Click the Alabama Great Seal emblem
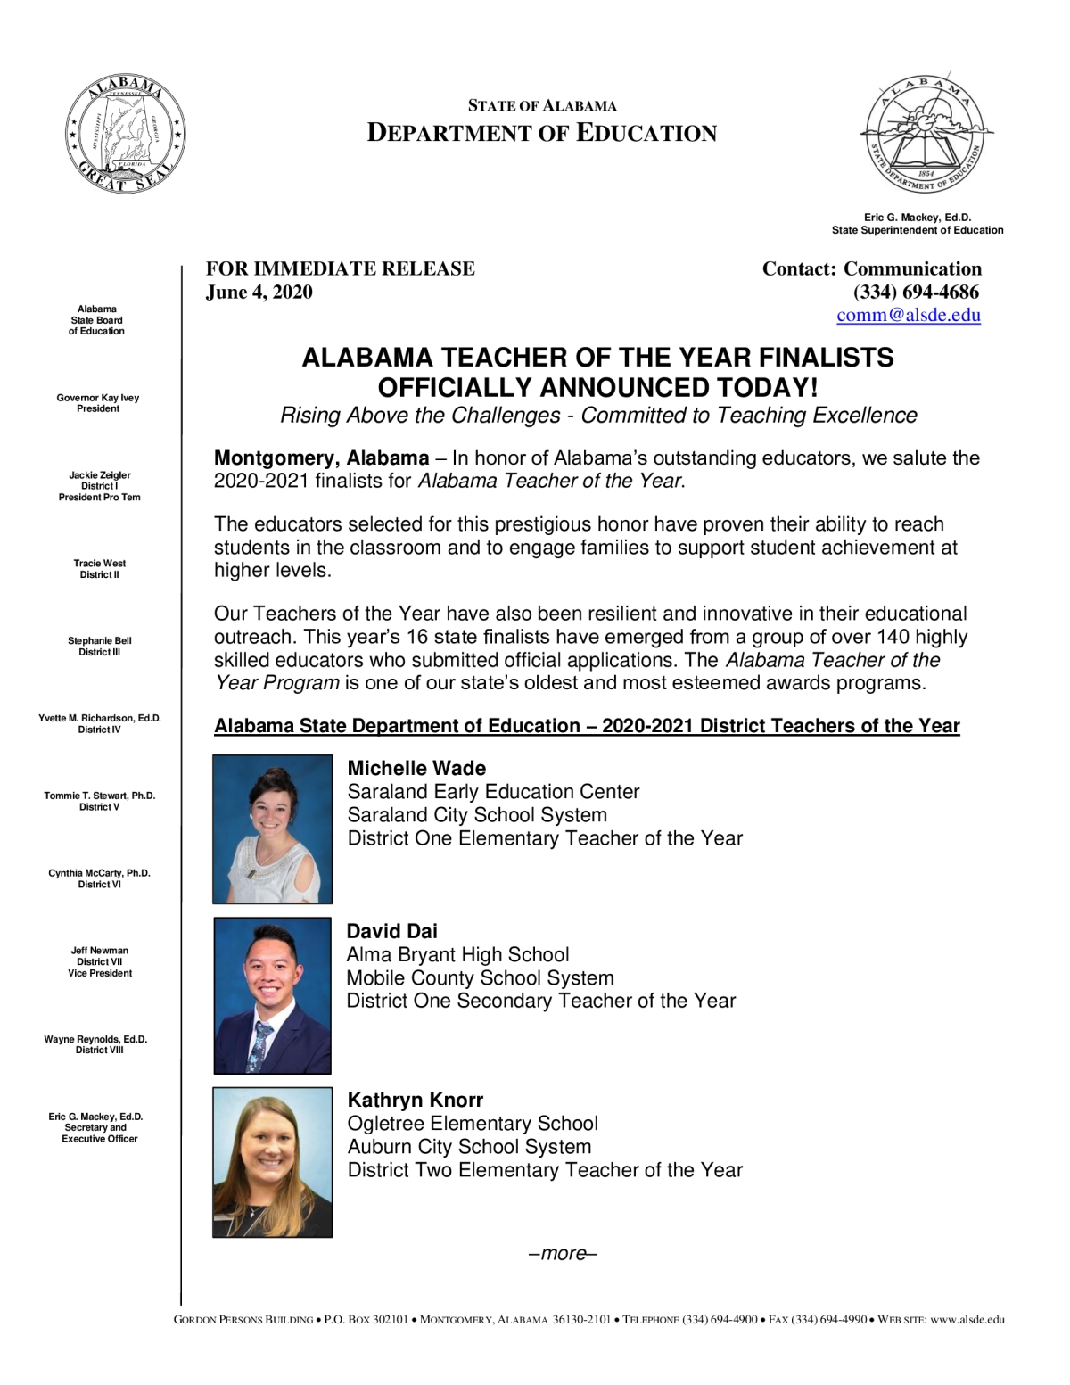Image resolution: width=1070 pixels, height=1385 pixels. click(125, 135)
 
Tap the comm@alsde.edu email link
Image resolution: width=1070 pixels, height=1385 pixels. click(908, 315)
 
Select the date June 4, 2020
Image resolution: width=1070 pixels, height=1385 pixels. click(259, 293)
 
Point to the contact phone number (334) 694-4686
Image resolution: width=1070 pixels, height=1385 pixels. click(916, 293)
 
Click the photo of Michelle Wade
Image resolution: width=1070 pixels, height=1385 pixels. click(273, 829)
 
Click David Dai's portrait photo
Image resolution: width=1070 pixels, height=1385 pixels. click(273, 995)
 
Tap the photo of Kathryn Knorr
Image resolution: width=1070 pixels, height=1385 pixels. click(273, 1162)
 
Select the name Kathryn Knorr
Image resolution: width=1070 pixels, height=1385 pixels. click(416, 1101)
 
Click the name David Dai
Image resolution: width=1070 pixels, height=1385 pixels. click(392, 932)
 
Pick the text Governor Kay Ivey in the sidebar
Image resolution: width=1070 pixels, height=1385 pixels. click(98, 398)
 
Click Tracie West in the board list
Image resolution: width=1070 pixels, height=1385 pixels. click(100, 564)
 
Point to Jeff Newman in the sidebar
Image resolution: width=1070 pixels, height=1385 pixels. click(100, 951)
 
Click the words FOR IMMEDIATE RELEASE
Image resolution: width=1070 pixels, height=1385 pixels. click(341, 269)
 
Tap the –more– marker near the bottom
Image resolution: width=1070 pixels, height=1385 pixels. click(563, 1254)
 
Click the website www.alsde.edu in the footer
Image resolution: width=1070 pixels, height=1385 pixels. click(967, 1320)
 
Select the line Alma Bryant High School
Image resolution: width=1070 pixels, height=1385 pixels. click(457, 955)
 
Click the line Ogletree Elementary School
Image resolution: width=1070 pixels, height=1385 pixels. click(473, 1124)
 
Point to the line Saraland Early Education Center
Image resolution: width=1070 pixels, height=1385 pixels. click(493, 792)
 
